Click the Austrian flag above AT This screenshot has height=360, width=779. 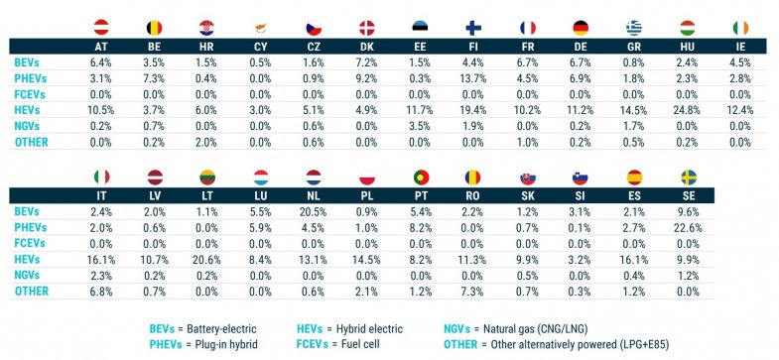100,26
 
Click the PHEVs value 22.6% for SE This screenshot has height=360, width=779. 690,226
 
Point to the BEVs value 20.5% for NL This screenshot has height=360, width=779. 368,212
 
